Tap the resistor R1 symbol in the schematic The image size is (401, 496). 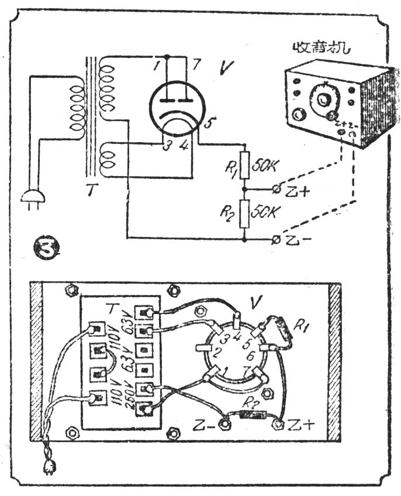(245, 166)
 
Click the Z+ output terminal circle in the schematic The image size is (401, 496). (276, 188)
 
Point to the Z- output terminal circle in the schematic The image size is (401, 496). (276, 239)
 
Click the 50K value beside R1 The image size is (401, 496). (264, 166)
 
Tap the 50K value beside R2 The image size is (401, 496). (264, 211)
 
